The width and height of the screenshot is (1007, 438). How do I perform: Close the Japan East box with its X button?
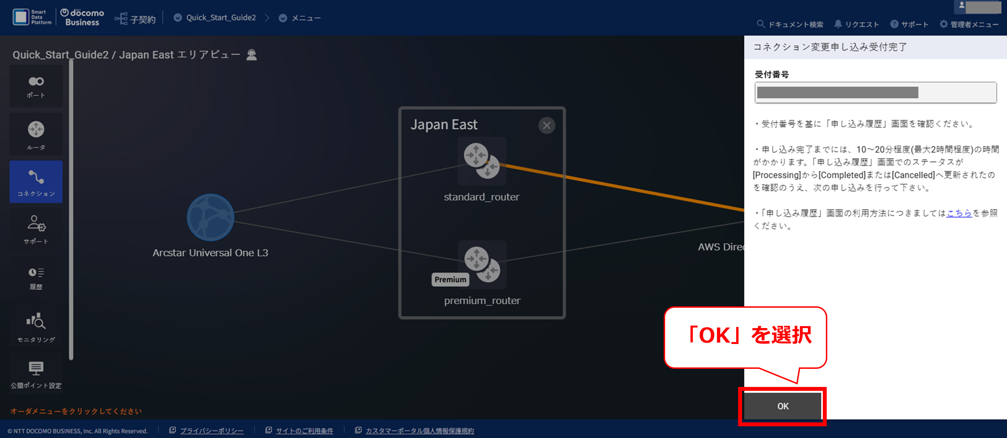click(546, 126)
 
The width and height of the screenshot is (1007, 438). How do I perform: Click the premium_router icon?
click(482, 264)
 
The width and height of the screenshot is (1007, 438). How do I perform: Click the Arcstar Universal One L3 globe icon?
click(210, 217)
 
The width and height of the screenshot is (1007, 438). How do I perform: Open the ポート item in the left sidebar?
click(36, 86)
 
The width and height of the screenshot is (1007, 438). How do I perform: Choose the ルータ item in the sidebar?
click(36, 134)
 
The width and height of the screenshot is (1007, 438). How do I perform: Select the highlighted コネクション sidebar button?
click(36, 182)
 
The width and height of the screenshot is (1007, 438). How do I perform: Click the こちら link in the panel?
click(959, 213)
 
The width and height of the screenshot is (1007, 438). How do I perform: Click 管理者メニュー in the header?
click(969, 24)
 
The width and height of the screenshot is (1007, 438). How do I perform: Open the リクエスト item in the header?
click(856, 24)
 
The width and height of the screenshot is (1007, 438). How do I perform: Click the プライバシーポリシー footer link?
click(211, 430)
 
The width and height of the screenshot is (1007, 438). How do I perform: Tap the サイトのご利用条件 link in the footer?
click(305, 430)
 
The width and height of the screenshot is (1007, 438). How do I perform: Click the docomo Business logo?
click(82, 17)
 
